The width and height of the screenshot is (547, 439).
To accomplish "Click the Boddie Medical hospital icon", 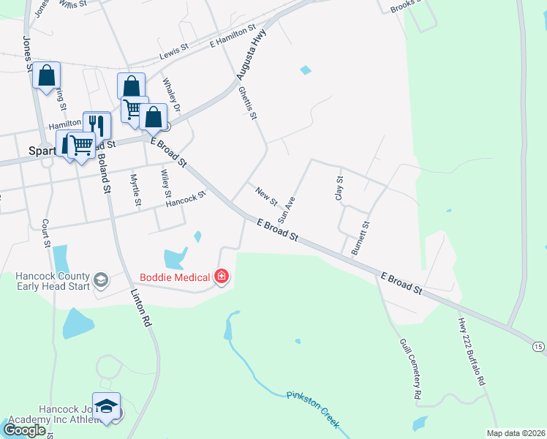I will coord(222,277).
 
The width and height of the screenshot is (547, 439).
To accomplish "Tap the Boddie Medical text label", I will coord(175,277).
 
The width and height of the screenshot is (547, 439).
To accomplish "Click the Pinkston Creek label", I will coord(315,405).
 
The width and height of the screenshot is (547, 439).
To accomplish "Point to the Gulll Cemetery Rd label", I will coord(410,368).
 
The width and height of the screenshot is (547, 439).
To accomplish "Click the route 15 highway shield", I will coord(538,345).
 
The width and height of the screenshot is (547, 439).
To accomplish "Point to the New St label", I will coord(267,195).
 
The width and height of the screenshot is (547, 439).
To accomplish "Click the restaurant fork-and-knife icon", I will coord(97,125).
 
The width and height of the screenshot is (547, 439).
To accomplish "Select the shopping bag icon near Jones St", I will coord(46,75).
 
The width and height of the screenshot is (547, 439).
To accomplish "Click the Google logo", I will coord(24,430).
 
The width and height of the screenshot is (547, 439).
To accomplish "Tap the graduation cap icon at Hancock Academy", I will coord(107,405).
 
